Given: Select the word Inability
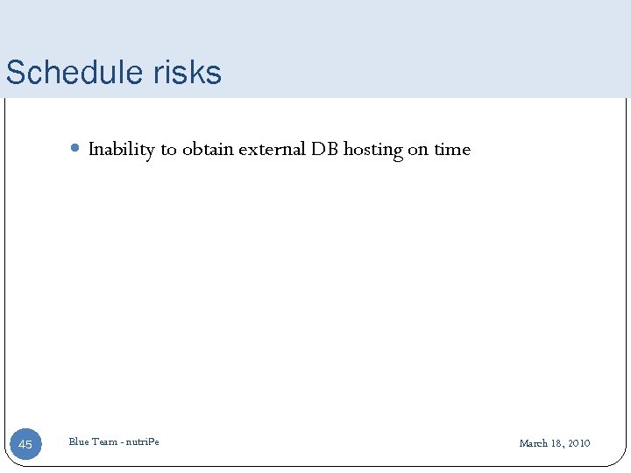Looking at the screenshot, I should (x=121, y=150).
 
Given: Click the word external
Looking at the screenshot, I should (x=272, y=150).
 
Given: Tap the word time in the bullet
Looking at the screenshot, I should (x=452, y=150).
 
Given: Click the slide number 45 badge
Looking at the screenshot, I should (x=25, y=445).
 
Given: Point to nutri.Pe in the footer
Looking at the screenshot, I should (x=142, y=442).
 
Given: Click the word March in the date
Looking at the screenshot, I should (x=533, y=443).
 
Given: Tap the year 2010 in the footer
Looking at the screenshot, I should (x=578, y=443).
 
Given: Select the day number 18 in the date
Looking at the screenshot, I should (x=556, y=443).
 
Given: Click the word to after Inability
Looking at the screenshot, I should (x=168, y=150).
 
